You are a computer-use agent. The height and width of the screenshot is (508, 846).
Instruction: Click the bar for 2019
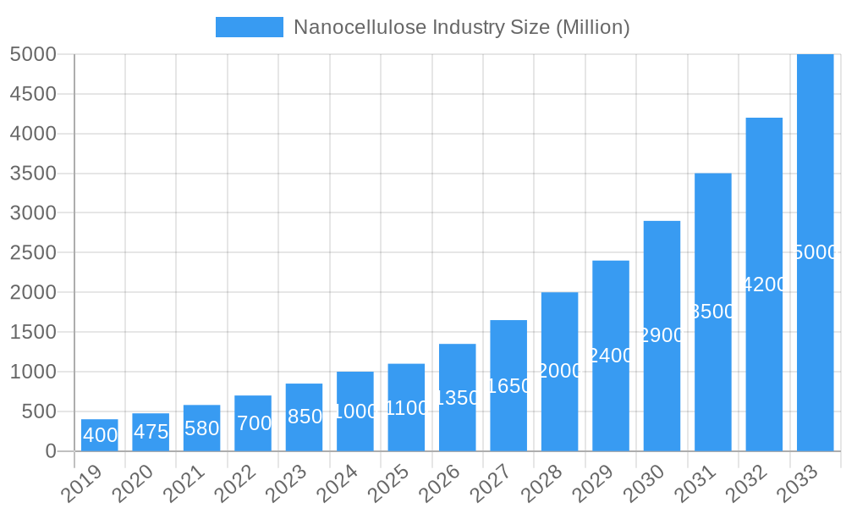tap(100, 435)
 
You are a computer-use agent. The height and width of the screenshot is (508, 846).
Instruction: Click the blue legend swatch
tap(250, 27)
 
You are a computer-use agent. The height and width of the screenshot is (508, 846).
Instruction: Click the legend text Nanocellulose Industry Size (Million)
tap(461, 27)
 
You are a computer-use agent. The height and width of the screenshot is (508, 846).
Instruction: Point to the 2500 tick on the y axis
tap(33, 253)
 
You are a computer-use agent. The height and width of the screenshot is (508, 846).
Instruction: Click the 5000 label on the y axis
tap(33, 54)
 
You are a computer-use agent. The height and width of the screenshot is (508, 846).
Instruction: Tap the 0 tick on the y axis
tap(50, 451)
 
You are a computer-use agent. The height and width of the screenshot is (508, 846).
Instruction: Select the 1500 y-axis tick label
tap(33, 333)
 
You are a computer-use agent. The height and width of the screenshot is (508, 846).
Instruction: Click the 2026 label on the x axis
tap(439, 483)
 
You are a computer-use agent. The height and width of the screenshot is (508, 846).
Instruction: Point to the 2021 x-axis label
tap(184, 483)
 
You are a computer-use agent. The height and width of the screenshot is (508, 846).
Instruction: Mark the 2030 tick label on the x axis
tap(644, 483)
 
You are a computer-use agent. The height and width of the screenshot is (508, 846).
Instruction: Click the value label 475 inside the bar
tap(151, 432)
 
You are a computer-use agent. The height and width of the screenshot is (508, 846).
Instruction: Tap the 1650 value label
tap(508, 386)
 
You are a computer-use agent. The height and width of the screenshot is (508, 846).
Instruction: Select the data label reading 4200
tap(764, 284)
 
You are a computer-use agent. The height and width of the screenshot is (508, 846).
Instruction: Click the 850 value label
tap(304, 417)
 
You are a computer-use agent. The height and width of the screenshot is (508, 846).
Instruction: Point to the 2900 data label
tap(662, 335)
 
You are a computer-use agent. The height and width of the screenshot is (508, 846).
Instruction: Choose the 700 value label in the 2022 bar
tap(253, 423)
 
